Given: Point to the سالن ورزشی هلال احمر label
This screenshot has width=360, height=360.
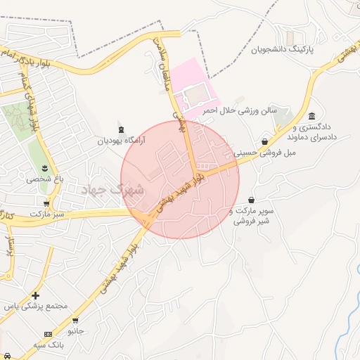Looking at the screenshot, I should pos(240,111).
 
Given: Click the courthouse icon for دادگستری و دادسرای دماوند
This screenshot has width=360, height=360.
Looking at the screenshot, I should pos(311,116).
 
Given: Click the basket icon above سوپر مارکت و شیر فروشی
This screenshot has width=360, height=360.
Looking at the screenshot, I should pos(251,200).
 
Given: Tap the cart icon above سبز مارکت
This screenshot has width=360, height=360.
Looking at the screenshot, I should pos(46,203).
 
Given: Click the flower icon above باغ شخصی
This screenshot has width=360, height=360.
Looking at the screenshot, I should pos(46,167).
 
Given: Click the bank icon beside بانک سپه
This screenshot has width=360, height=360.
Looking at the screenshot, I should pos(47,333).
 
